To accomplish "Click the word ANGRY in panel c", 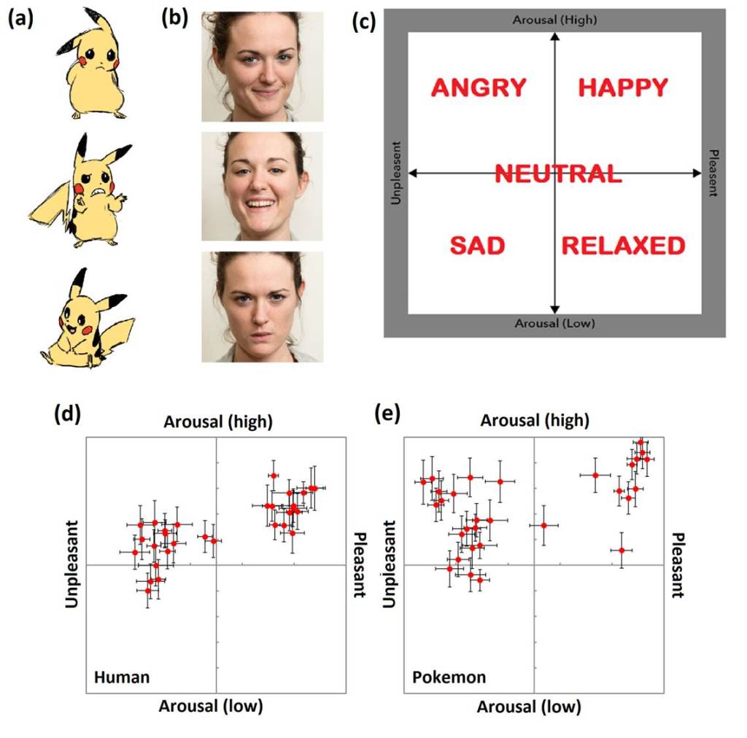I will point(479,88).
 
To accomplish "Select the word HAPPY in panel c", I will point(623,88).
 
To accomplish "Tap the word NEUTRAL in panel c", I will point(558,174).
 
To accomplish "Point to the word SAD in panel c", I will point(477,246).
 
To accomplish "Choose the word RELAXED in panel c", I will point(624,246).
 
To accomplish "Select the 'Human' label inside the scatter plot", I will point(122,677).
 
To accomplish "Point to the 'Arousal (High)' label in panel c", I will point(554,20).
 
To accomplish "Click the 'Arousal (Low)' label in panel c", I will point(554,323).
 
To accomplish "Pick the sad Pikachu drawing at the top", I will point(91,66).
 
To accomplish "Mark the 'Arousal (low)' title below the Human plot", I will point(210,706).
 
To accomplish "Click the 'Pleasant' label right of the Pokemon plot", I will point(676,565).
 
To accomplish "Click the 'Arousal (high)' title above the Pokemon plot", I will point(535,421).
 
